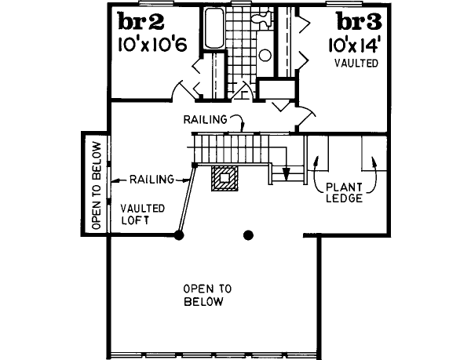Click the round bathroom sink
265,56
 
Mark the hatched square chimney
225,179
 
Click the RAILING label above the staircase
205,120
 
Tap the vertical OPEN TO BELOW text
97,184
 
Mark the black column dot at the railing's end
180,234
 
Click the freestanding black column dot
249,234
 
